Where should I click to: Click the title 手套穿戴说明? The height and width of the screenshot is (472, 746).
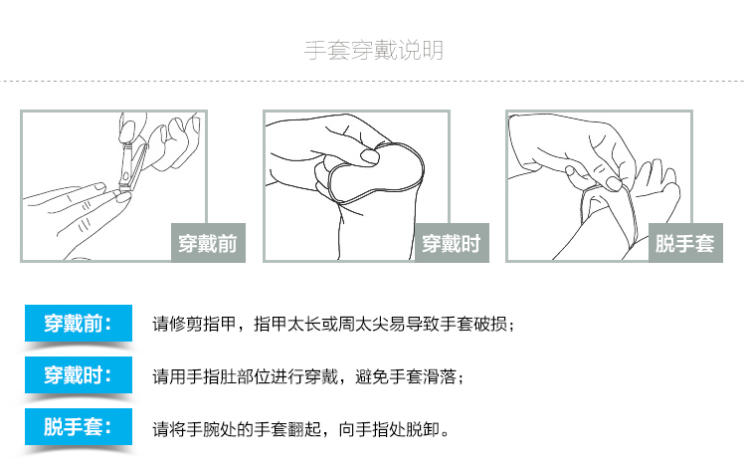(374, 50)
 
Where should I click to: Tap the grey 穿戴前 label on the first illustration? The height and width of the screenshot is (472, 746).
(209, 243)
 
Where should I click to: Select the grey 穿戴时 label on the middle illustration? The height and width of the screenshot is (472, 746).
(452, 243)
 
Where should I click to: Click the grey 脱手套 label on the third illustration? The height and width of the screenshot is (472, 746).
(685, 243)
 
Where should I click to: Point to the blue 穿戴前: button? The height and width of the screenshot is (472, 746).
(79, 324)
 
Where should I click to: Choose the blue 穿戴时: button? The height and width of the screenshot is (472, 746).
(79, 375)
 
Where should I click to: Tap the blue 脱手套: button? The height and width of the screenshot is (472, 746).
(79, 427)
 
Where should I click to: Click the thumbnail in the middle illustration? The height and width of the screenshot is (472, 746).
(370, 156)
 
